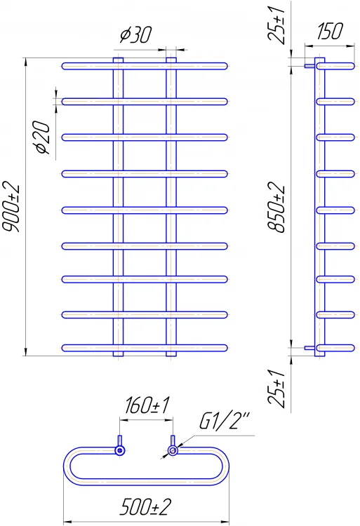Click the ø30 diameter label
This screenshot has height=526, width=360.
pyautogui.click(x=136, y=34)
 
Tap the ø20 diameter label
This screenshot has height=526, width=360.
pyautogui.click(x=44, y=137)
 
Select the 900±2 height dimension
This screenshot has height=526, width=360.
pyautogui.click(x=13, y=208)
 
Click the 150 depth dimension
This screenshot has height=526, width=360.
pyautogui.click(x=330, y=31)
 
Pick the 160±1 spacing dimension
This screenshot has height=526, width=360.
pyautogui.click(x=147, y=405)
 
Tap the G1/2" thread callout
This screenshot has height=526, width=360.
pyautogui.click(x=225, y=421)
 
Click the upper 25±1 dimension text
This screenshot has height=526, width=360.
pyautogui.click(x=276, y=24)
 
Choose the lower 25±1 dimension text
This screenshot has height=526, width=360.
pyautogui.click(x=276, y=389)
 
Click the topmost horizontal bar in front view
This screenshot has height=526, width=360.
pyautogui.click(x=145, y=66)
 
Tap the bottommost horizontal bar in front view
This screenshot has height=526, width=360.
pyautogui.click(x=145, y=348)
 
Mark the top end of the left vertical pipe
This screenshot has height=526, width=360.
pyautogui.click(x=118, y=58)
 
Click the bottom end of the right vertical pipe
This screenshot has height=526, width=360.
pyautogui.click(x=171, y=356)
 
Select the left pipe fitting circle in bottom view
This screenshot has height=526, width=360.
pyautogui.click(x=120, y=450)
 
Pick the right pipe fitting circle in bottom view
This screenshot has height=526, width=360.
pyautogui.click(x=173, y=450)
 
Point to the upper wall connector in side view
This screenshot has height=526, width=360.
pyautogui.click(x=309, y=66)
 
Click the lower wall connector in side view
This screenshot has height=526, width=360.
pyautogui.click(x=309, y=348)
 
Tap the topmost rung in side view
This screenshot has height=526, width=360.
pyautogui.click(x=335, y=66)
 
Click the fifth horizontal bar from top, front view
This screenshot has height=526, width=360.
pyautogui.click(x=145, y=210)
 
